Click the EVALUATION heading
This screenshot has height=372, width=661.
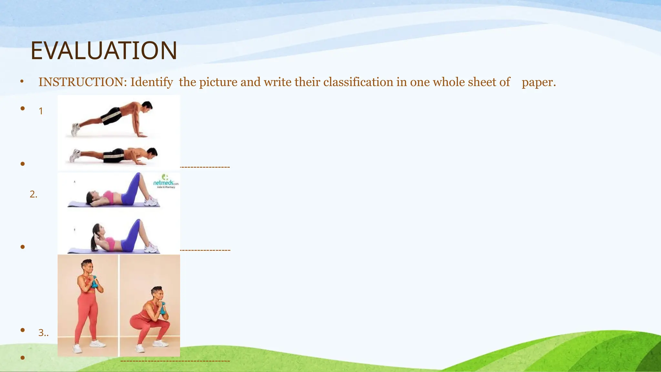tap(104, 51)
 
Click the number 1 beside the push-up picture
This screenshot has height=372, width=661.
tap(41, 111)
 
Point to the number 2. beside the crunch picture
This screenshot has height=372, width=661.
tap(34, 194)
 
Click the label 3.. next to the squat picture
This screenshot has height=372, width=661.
tap(43, 333)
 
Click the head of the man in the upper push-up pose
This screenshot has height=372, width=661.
tap(147, 106)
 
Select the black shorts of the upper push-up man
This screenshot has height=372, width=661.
tap(111, 116)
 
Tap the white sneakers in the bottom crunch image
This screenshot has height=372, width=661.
tap(151, 248)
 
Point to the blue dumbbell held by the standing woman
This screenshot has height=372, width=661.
tap(95, 282)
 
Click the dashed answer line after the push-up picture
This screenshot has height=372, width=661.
tap(205, 167)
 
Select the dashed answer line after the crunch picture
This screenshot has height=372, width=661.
tap(205, 250)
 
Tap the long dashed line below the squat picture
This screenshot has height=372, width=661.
tap(175, 361)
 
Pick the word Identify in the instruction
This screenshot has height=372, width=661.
tap(151, 82)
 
